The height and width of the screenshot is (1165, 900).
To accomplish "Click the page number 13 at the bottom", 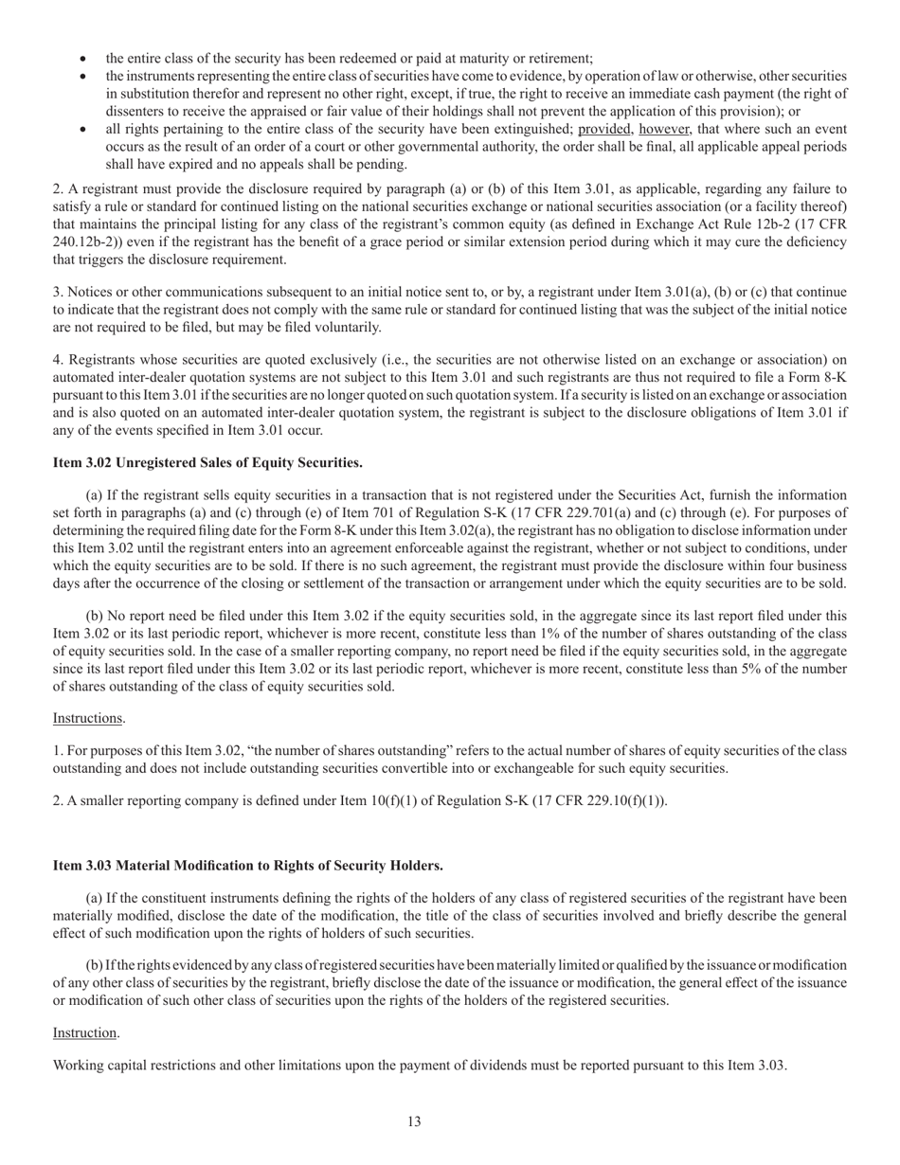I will (x=414, y=1121).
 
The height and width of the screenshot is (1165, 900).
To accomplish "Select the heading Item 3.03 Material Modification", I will (x=247, y=865).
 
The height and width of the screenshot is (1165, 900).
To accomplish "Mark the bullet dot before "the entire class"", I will (x=85, y=58).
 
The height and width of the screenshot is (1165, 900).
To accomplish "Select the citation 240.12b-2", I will (x=90, y=242).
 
